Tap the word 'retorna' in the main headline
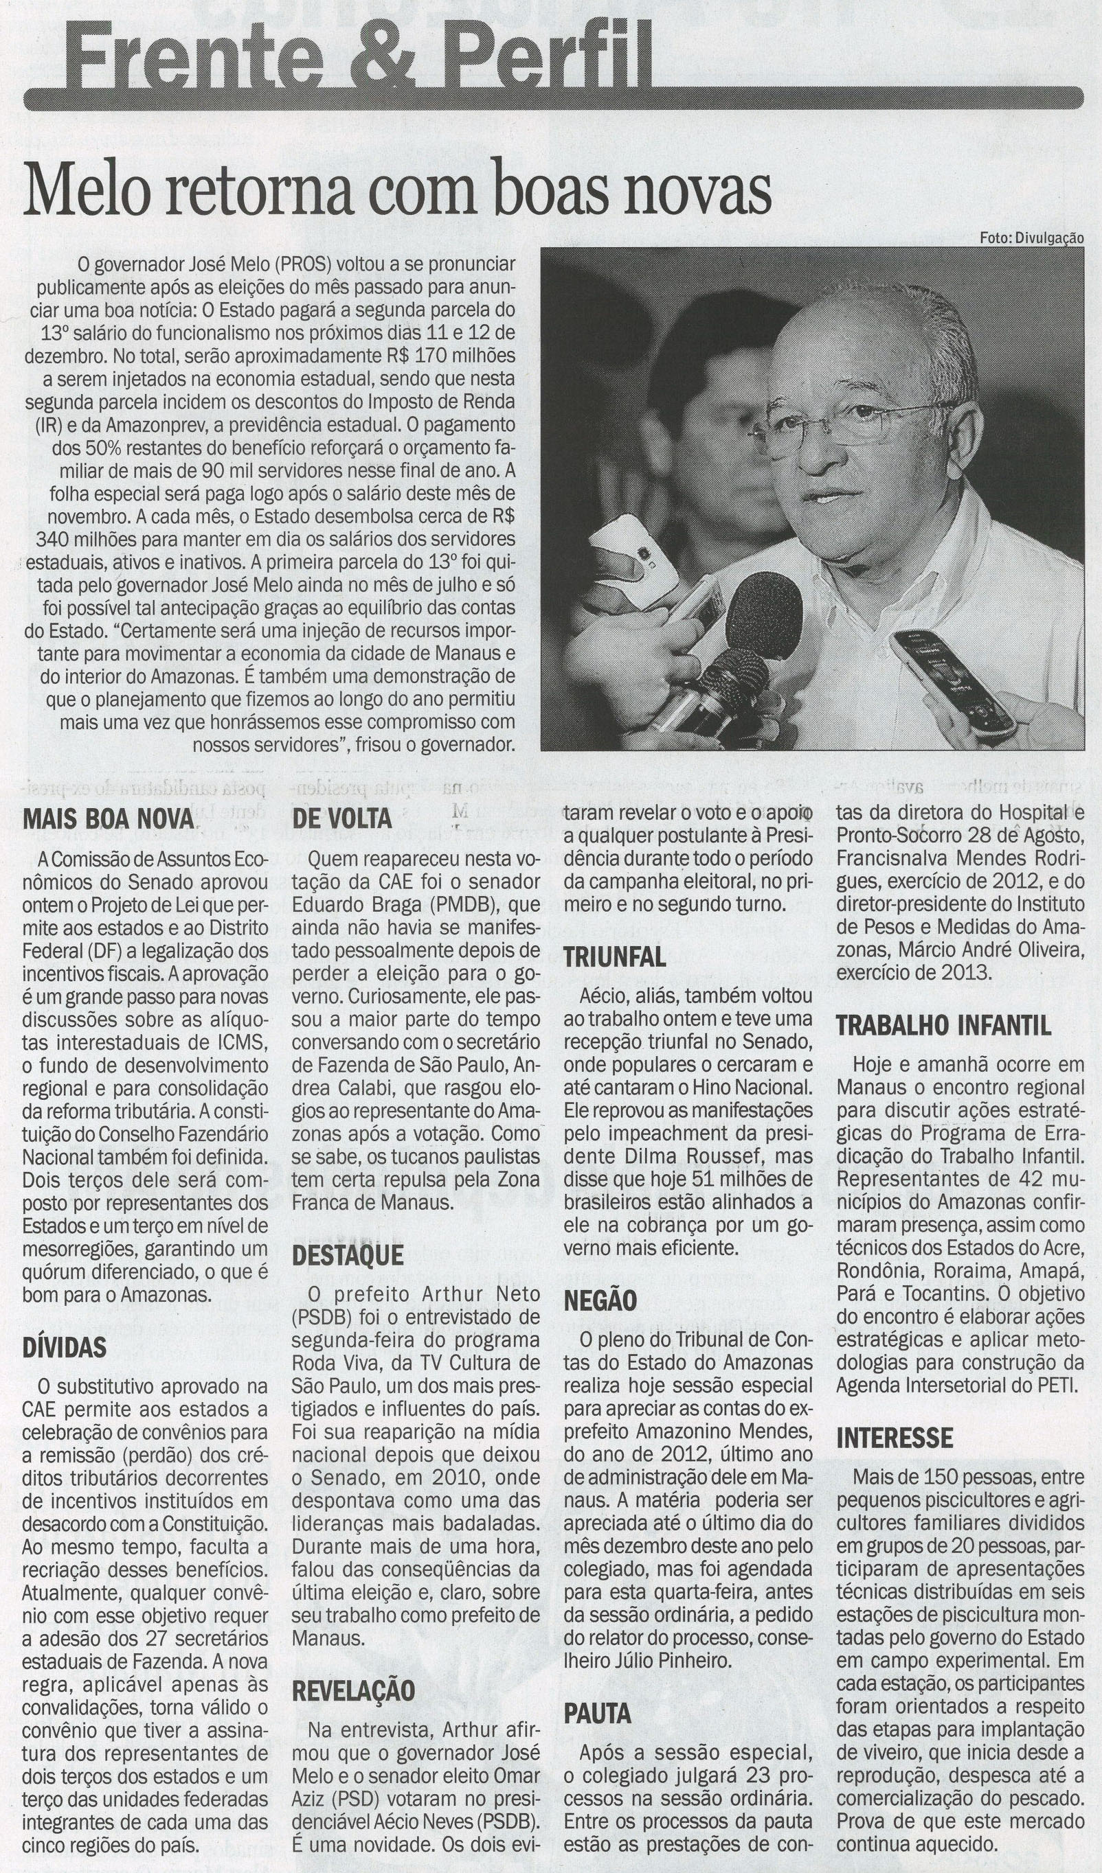(254, 192)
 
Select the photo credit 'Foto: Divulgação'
(1031, 238)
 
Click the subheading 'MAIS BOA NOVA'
(109, 818)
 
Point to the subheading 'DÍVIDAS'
(64, 1347)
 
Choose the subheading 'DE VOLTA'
(341, 818)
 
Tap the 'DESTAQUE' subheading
(347, 1255)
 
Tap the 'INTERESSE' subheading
(895, 1438)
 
